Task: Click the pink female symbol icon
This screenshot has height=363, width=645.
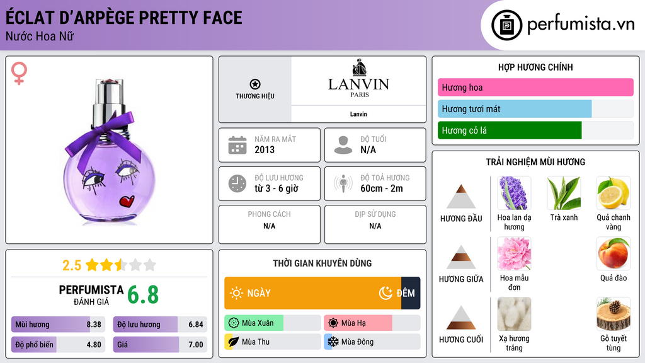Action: (x=19, y=73)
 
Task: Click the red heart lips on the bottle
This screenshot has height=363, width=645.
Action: (x=127, y=202)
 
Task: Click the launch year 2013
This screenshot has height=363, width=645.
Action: (x=265, y=150)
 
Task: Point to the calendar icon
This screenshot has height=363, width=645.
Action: (x=237, y=145)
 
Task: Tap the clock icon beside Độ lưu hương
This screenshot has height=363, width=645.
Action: (x=237, y=183)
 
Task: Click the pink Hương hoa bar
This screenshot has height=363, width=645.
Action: (x=535, y=88)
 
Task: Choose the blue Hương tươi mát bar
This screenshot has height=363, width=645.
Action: (x=515, y=109)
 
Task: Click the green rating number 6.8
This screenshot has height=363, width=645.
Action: (x=143, y=294)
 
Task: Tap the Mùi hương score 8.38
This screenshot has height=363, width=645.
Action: (x=94, y=325)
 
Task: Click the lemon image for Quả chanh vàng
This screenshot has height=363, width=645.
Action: (x=613, y=193)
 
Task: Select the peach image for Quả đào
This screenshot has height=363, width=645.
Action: (x=613, y=253)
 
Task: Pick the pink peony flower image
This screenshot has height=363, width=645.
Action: (x=514, y=253)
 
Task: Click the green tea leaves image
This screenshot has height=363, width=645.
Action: (x=564, y=193)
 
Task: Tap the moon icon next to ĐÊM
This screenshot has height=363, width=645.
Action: (x=385, y=293)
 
